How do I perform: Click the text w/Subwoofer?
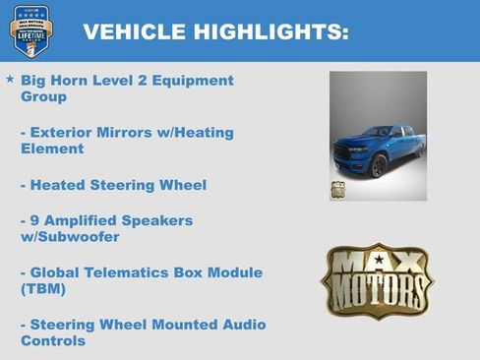point(70,237)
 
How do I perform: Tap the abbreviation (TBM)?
point(43,289)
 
